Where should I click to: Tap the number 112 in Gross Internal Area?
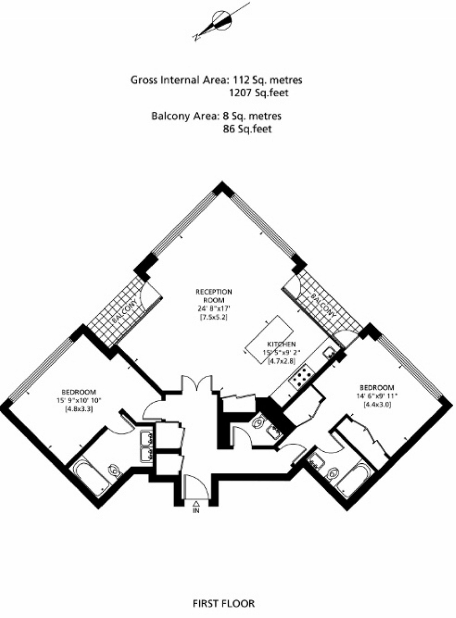pos(242,80)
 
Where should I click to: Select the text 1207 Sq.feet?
pos(259,92)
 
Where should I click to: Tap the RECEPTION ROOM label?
pos(214,296)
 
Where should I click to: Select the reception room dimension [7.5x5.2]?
pos(214,317)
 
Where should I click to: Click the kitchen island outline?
pos(269,339)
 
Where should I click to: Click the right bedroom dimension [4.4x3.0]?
pos(377,405)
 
